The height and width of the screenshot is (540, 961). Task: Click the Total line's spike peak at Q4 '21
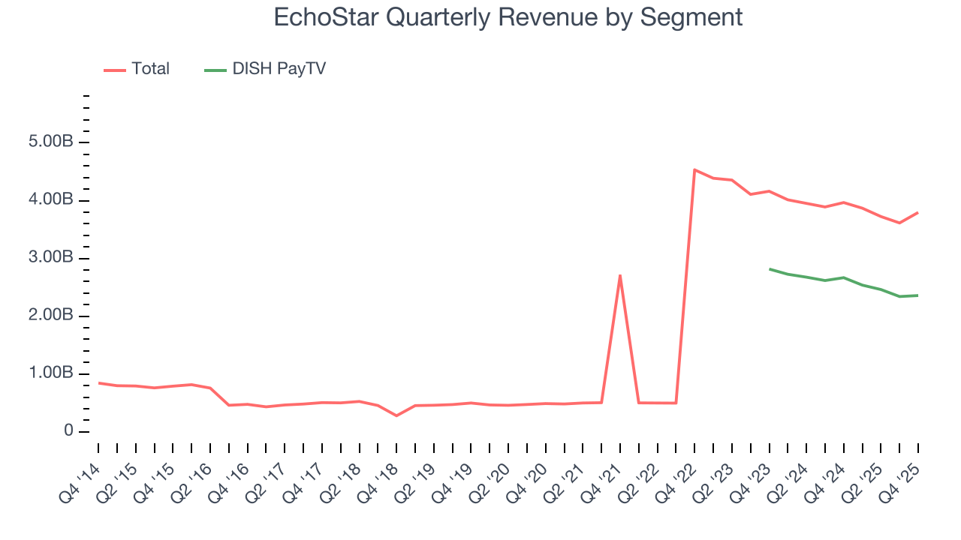620,275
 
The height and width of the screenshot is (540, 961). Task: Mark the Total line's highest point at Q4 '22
694,169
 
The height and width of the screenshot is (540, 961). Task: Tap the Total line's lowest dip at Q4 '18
396,415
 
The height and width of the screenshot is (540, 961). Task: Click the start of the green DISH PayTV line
770,268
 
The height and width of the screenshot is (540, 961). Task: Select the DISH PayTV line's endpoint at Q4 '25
918,295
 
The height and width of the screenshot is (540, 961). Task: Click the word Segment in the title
691,16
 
